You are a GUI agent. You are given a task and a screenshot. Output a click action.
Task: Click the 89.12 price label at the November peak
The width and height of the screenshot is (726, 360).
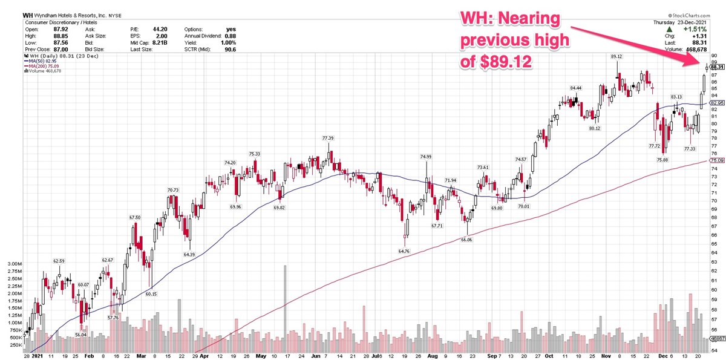(616, 56)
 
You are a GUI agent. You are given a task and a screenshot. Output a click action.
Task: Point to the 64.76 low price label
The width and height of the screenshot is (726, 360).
(404, 250)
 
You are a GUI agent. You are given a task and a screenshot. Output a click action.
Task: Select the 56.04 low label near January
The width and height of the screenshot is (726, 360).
(81, 335)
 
